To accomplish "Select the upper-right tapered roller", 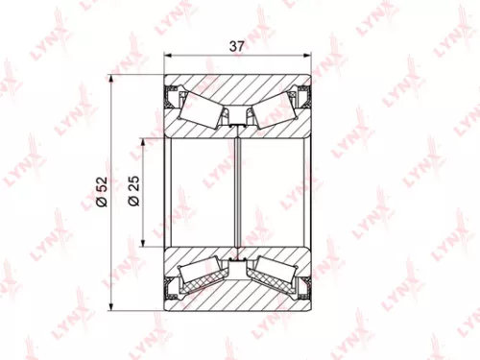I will click(274, 108).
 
